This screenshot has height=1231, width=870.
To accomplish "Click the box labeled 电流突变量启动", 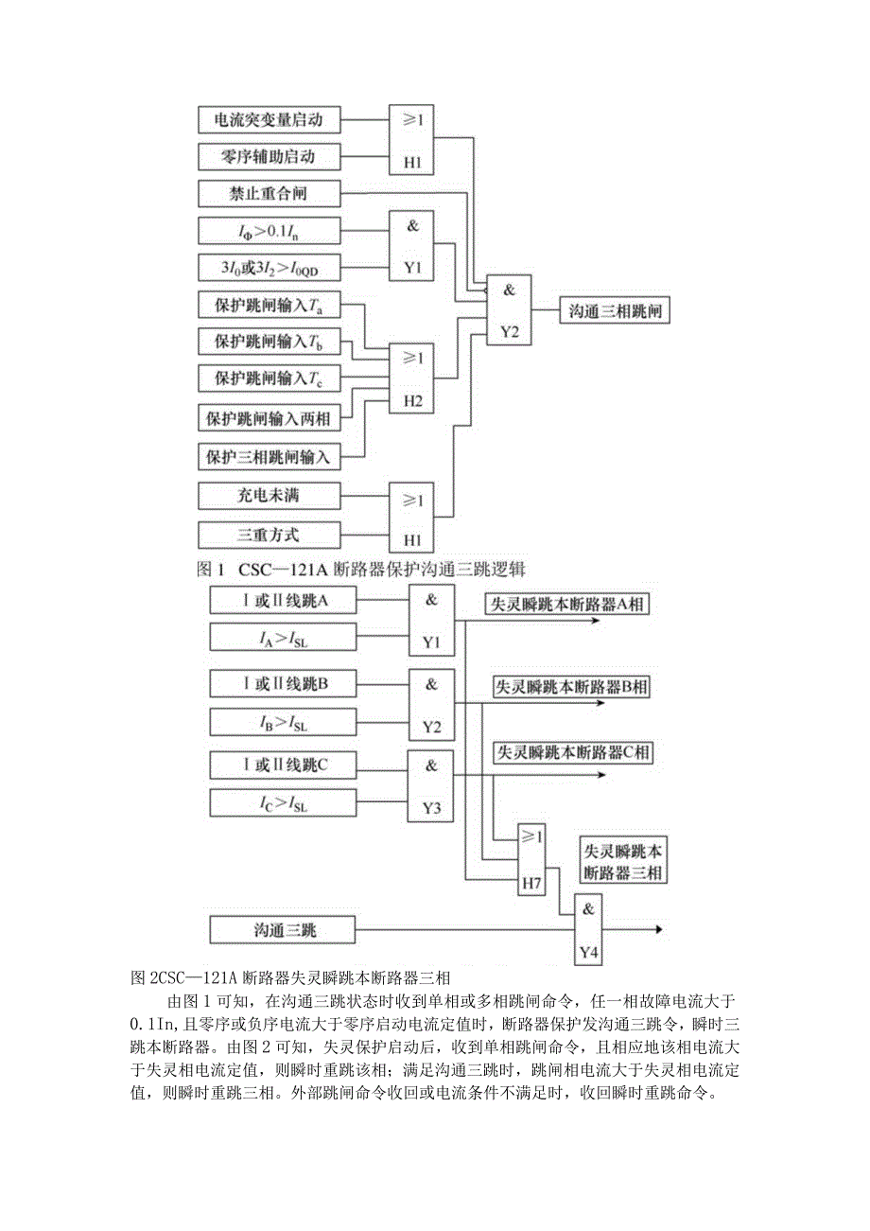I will click(269, 120).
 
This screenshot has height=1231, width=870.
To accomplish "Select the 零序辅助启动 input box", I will click(269, 157).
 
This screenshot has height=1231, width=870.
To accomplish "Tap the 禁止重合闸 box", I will click(269, 194).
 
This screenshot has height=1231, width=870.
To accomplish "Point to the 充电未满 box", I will click(269, 494).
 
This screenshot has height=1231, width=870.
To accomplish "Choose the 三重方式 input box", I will click(269, 535).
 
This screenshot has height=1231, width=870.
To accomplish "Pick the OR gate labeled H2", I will click(412, 379).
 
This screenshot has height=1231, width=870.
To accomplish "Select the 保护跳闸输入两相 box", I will click(269, 417).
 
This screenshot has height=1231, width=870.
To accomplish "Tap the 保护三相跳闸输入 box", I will click(269, 457).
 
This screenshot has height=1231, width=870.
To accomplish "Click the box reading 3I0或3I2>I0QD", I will click(269, 268).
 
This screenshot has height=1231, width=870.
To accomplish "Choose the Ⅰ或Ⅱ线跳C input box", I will click(283, 765).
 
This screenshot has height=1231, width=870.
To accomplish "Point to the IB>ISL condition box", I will click(283, 724).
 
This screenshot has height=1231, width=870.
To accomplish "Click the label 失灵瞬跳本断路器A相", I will click(567, 604).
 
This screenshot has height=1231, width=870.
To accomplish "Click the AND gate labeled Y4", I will click(589, 931).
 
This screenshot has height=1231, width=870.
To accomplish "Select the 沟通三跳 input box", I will click(283, 931).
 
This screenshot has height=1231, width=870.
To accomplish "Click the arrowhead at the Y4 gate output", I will click(655, 931).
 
